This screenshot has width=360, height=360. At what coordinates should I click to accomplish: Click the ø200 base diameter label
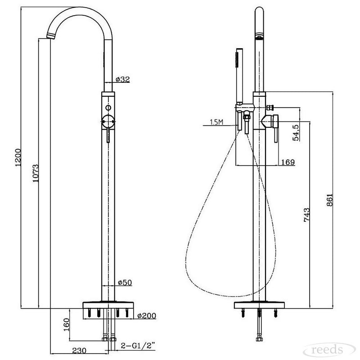click(x=147, y=316)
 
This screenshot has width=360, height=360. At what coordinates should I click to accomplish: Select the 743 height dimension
click(x=307, y=215)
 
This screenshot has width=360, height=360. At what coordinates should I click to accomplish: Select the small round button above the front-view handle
click(x=108, y=108)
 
